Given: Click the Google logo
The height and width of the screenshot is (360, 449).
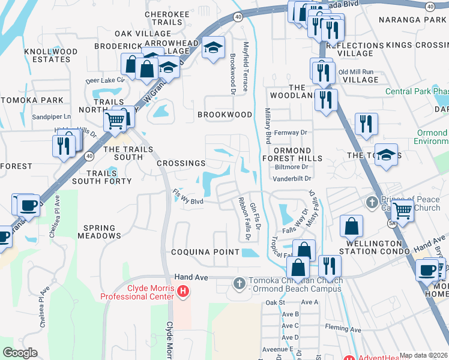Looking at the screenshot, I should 20,353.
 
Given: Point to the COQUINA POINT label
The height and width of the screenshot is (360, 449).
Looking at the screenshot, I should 205,252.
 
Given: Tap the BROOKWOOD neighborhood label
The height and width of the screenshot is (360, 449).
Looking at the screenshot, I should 226,115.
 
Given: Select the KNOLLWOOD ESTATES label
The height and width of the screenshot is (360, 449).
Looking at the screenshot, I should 51,56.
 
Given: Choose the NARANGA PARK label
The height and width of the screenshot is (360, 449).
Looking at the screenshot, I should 412,20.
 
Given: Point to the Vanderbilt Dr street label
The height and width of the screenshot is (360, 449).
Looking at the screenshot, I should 293,178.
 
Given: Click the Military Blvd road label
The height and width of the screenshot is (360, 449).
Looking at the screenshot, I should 268,126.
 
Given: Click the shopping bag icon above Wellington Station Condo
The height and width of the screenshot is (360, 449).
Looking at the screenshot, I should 351,226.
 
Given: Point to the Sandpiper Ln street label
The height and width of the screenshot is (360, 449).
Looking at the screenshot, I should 51,116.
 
